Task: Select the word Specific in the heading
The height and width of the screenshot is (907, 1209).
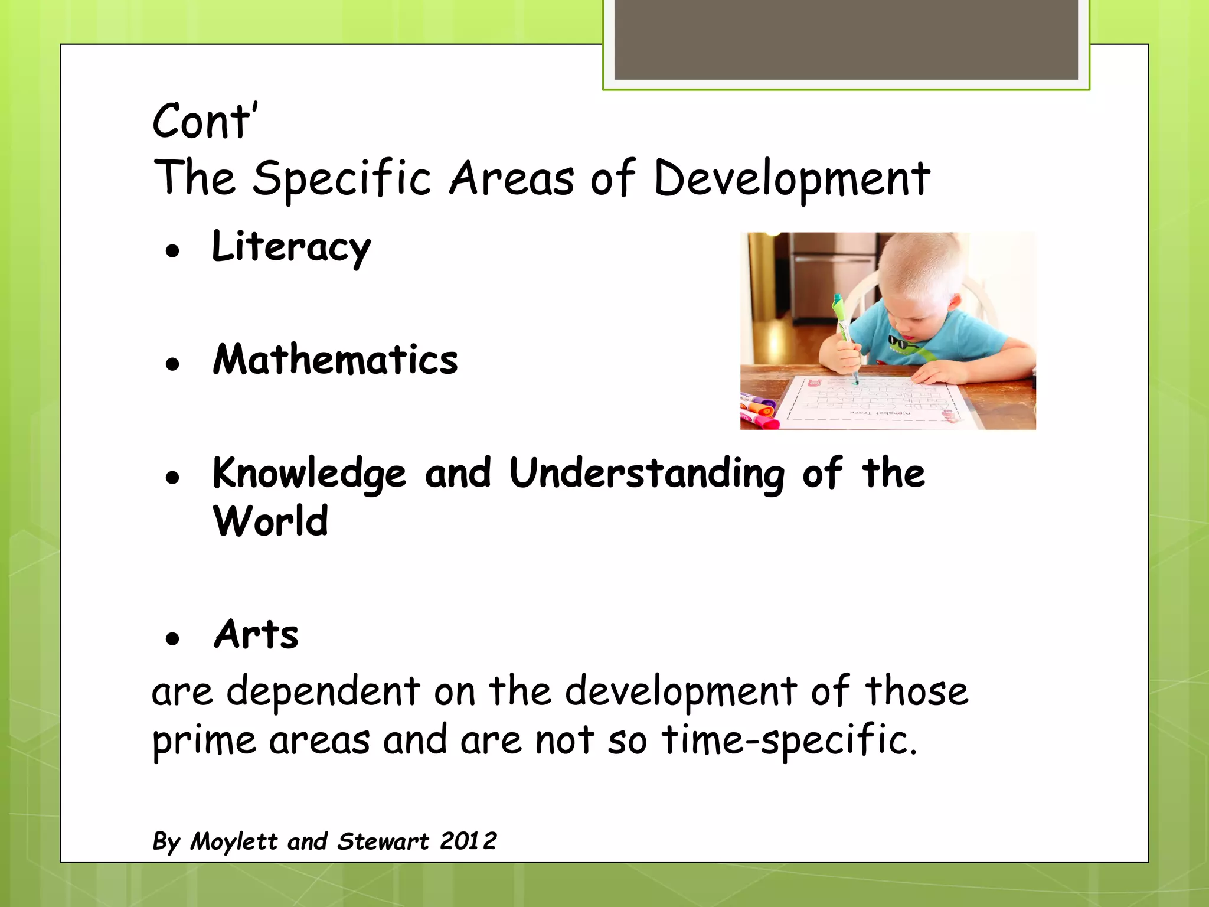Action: [342, 178]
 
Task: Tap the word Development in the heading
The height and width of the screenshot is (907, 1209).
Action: [792, 178]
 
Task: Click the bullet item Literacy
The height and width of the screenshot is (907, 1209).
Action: [291, 247]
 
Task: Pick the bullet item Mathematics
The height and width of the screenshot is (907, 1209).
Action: [335, 360]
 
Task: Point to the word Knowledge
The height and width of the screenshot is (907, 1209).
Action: [309, 474]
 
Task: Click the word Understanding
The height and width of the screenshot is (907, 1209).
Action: [646, 474]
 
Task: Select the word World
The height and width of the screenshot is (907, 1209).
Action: [270, 522]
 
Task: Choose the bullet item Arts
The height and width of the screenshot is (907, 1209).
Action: [256, 635]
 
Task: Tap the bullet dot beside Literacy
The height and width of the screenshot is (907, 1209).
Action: [172, 252]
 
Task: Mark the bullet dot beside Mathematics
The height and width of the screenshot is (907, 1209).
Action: [172, 364]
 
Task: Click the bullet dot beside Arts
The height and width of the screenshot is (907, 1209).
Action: [172, 639]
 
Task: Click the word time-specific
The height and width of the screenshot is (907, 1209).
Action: [789, 740]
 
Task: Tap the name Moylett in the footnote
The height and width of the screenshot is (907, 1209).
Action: [234, 841]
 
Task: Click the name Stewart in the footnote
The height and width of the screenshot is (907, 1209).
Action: [383, 841]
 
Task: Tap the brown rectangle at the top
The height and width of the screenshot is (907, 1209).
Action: [845, 40]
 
